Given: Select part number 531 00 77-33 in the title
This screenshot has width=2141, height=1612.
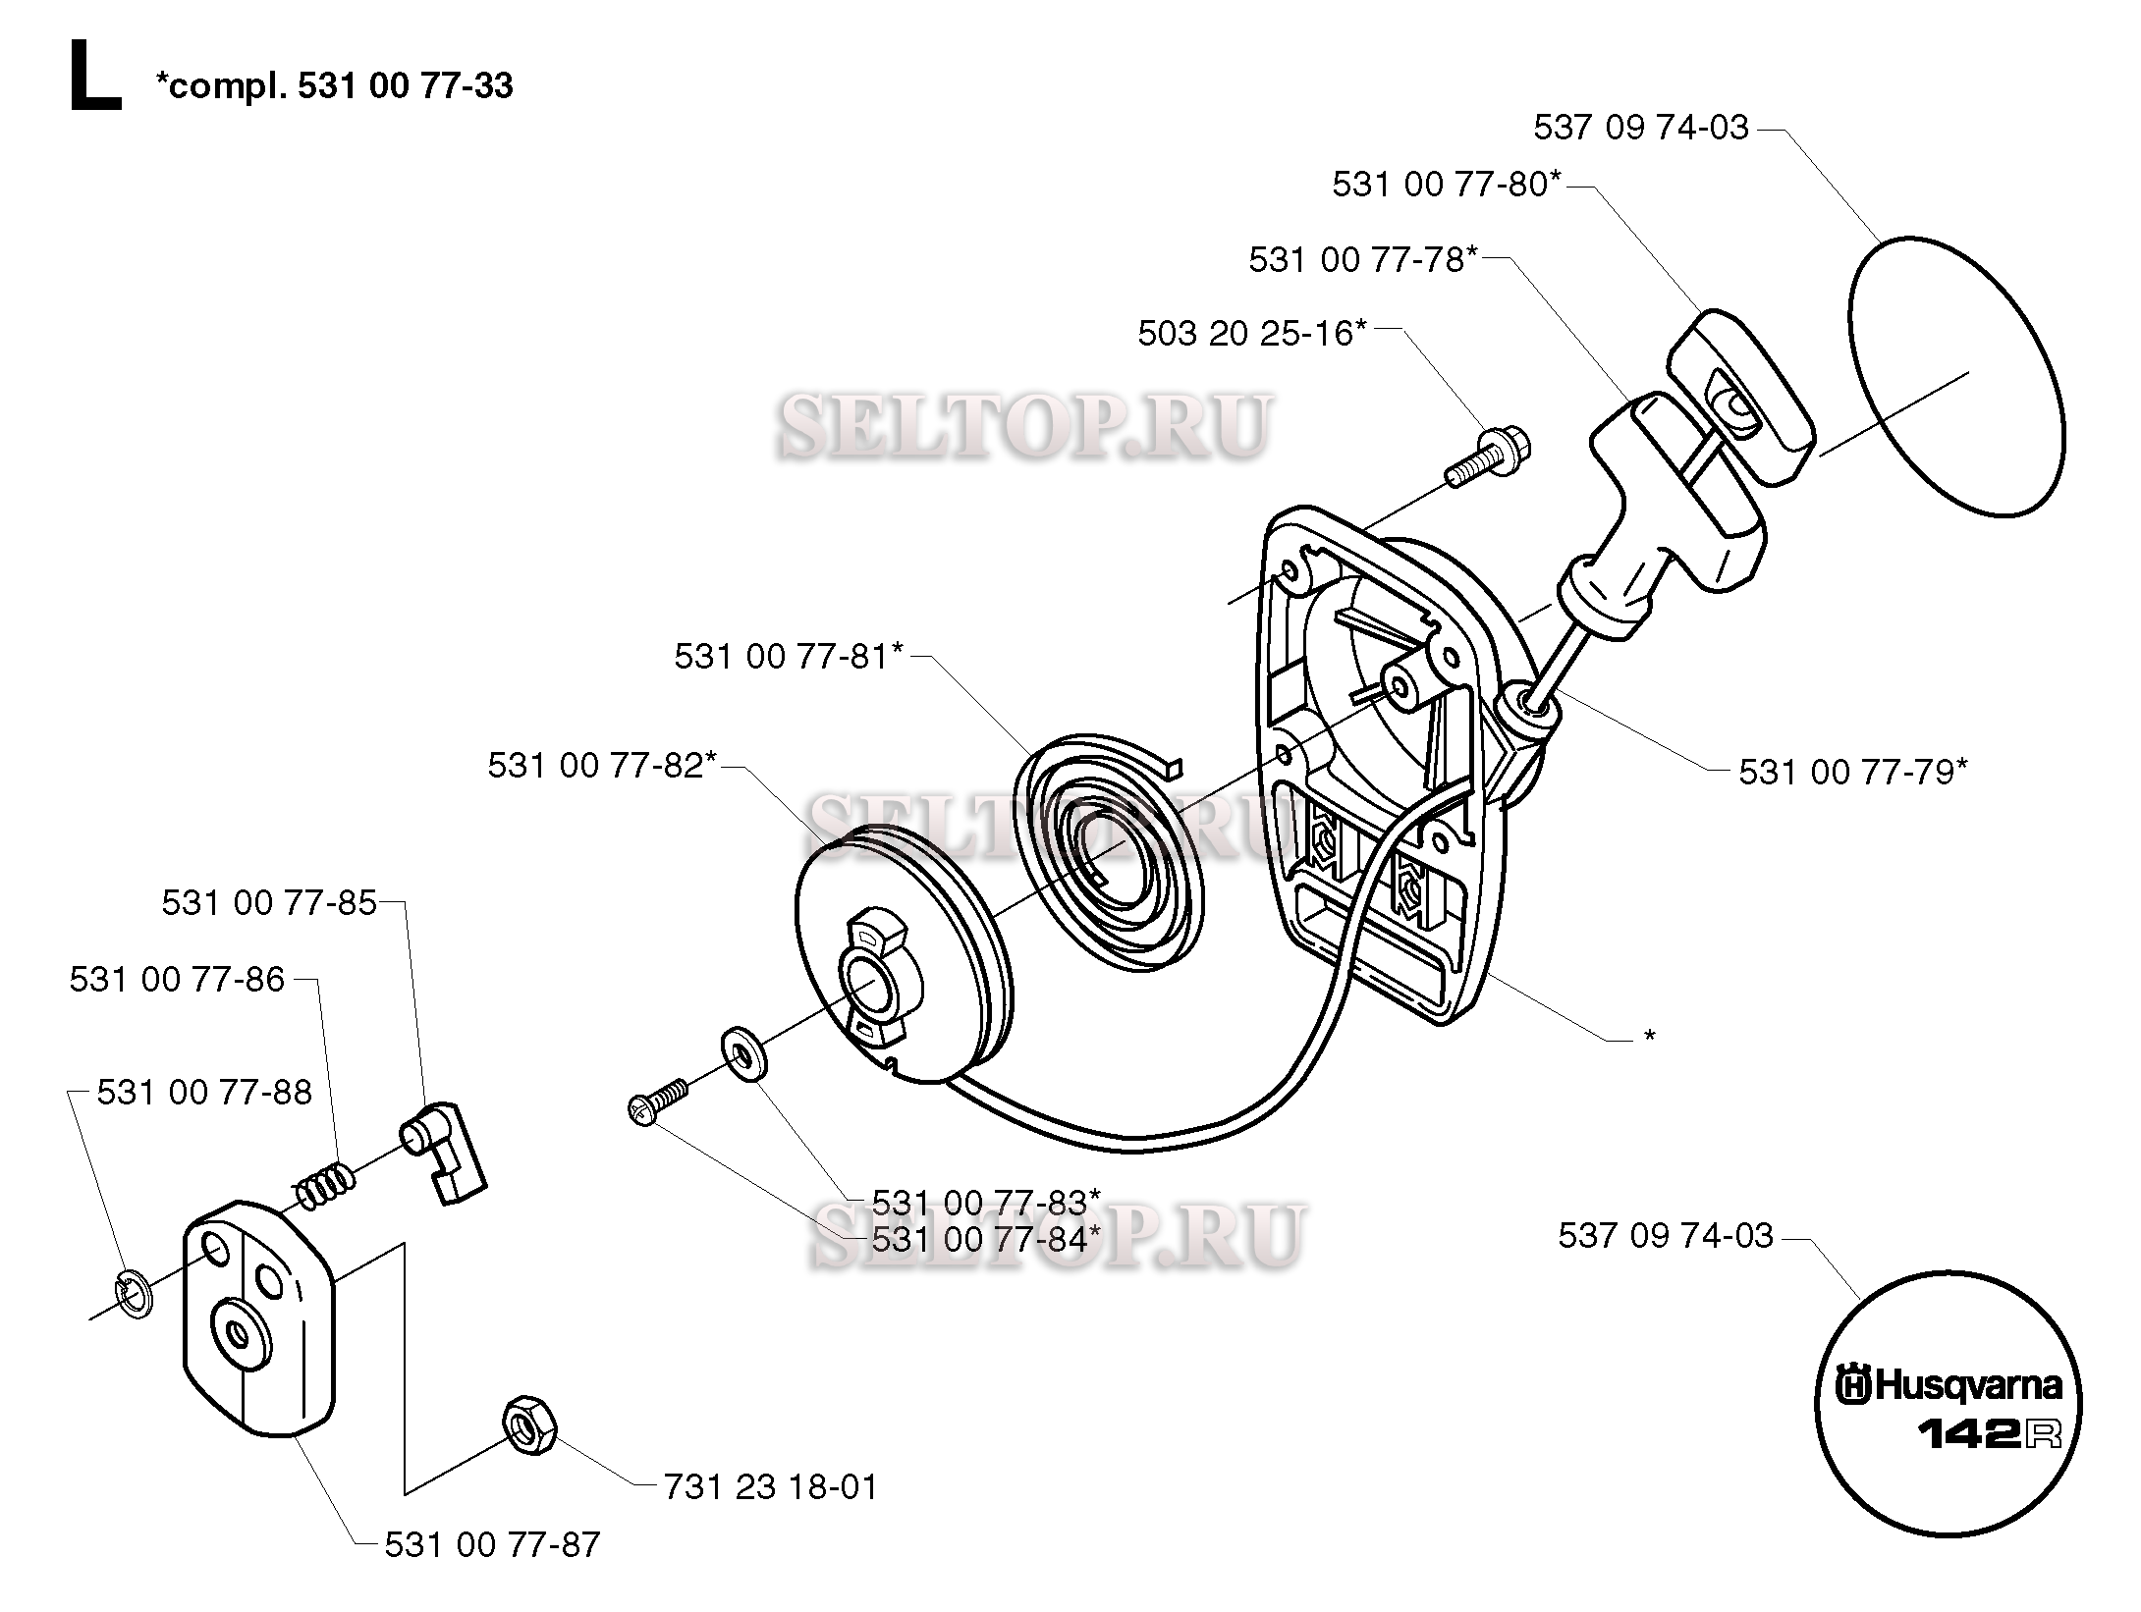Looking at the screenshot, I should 405,86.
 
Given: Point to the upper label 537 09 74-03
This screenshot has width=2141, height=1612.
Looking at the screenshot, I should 1641,128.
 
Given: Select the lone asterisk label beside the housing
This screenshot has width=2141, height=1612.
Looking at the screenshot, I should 1650,1038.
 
